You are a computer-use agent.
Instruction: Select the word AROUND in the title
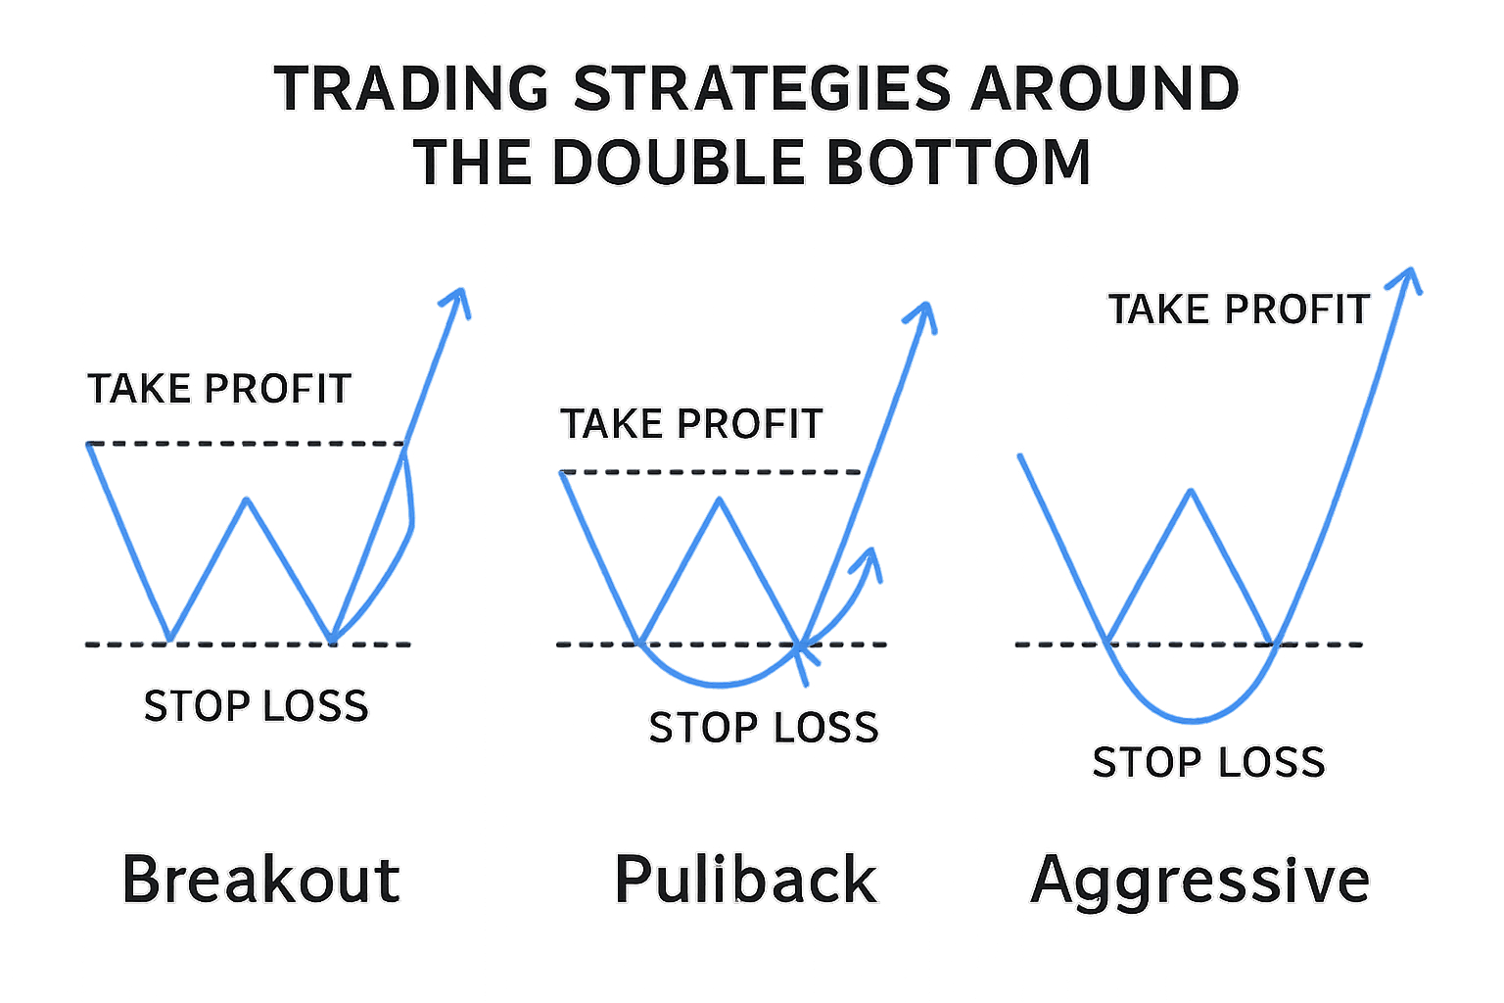pyautogui.click(x=1104, y=88)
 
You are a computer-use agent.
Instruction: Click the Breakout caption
pyautogui.click(x=260, y=879)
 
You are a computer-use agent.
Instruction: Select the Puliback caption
pyautogui.click(x=745, y=879)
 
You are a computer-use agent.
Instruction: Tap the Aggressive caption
pyautogui.click(x=1199, y=879)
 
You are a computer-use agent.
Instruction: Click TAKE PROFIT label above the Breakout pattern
pyautogui.click(x=219, y=389)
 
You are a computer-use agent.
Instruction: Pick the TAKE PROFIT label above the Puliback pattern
pyautogui.click(x=691, y=424)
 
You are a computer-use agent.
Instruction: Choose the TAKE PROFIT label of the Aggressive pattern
pyautogui.click(x=1239, y=310)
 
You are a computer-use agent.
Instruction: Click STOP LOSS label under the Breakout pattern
pyautogui.click(x=256, y=705)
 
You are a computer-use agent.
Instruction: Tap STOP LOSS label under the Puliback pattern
pyautogui.click(x=764, y=727)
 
